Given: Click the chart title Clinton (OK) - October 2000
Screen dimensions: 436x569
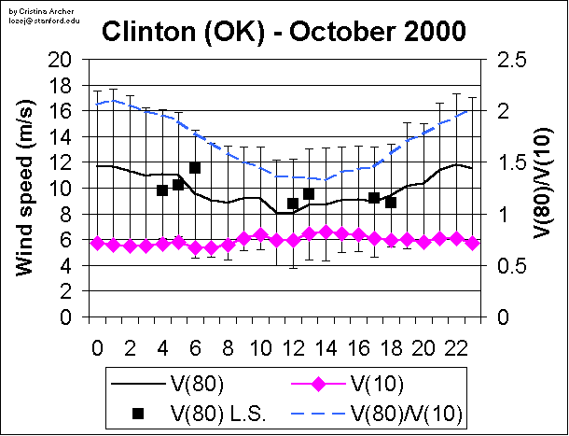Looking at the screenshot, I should coord(284,32).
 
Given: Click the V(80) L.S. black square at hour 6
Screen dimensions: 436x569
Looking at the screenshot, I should coord(195,168).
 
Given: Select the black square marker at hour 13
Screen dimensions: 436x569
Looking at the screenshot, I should coord(309,194).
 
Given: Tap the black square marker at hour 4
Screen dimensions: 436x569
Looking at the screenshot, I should coord(162,190).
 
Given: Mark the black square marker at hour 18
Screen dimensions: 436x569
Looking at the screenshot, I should coord(391,202).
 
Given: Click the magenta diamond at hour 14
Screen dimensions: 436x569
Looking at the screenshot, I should coord(326,232).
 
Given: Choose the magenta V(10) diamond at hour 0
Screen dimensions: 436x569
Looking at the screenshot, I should coord(97,243).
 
